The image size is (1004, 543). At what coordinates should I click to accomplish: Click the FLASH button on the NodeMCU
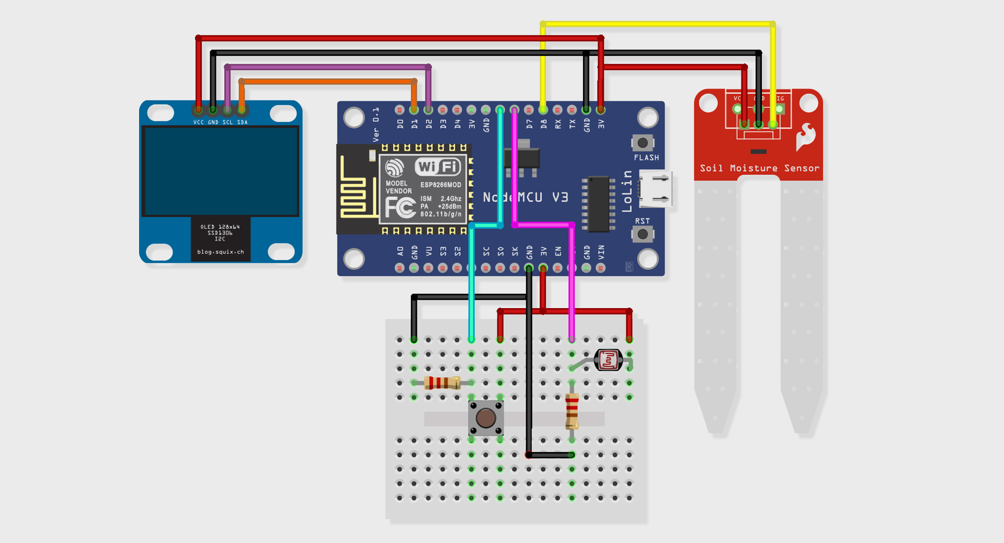643,143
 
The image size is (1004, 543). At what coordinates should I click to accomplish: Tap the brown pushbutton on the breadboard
486,418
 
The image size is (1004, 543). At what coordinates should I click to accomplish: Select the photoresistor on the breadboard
608,360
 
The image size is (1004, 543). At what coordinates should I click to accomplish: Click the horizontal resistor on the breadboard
442,383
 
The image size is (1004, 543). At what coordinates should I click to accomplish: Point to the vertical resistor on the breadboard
572,411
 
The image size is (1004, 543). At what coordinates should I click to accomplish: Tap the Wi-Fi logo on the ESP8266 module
438,167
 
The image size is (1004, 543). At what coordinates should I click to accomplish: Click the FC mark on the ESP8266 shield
400,208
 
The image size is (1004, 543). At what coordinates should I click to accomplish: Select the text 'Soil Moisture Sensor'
759,168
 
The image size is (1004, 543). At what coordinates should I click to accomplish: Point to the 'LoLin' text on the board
627,191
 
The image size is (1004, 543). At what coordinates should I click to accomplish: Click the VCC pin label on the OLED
199,122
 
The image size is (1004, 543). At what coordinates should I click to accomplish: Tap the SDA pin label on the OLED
242,122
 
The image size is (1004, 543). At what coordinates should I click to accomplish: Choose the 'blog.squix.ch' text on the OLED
220,252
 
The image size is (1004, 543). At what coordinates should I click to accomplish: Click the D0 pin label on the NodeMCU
400,124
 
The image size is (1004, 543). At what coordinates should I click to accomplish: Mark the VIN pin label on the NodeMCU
601,253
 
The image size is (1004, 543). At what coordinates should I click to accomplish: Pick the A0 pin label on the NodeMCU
400,252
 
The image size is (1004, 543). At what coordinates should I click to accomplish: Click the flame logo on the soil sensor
805,137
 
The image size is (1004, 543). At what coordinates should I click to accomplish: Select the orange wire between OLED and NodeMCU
327,81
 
